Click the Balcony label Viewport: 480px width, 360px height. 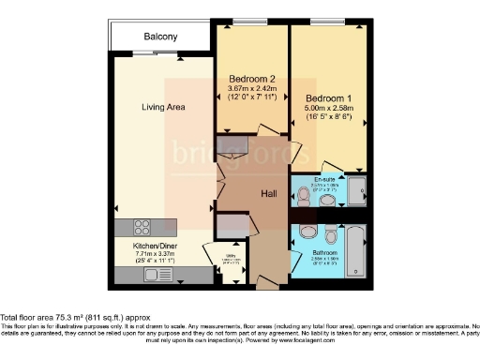click(160, 37)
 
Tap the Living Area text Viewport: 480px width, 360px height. click(163, 108)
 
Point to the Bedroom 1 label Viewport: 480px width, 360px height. click(325, 96)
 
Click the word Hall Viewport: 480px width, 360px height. click(268, 193)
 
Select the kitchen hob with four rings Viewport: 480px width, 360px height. click(143, 226)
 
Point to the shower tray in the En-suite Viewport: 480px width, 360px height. click(356, 190)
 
